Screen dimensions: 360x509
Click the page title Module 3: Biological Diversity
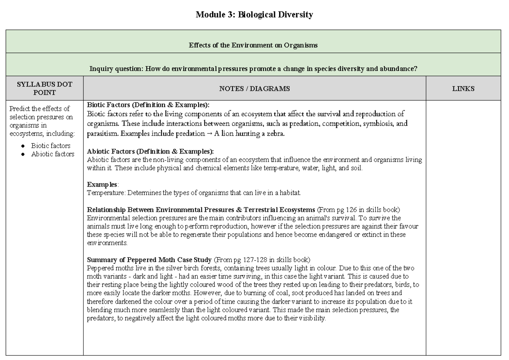tap(254, 15)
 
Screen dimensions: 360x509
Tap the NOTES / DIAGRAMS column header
tap(255, 89)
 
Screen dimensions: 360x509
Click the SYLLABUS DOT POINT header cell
tap(45, 89)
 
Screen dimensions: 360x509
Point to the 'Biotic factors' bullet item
tap(50, 146)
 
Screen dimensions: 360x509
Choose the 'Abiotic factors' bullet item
tap(52, 154)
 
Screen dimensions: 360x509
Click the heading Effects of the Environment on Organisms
tap(253, 45)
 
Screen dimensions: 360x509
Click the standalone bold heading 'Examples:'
tap(103, 185)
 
